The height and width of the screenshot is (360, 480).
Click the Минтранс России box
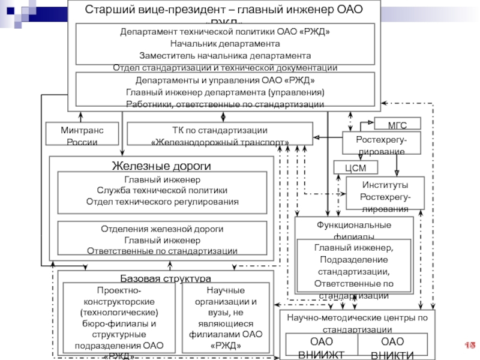pyautogui.click(x=82, y=136)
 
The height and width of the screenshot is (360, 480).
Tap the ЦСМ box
pyautogui.click(x=355, y=167)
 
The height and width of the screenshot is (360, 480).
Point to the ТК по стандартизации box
pyautogui.click(x=220, y=136)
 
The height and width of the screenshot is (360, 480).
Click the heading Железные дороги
pyautogui.click(x=161, y=166)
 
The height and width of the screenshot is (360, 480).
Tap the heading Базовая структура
pyautogui.click(x=166, y=279)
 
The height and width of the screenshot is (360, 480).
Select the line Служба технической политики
pyautogui.click(x=162, y=191)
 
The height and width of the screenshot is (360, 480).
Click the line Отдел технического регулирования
pyautogui.click(x=162, y=202)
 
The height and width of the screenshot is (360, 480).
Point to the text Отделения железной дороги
pyautogui.click(x=162, y=229)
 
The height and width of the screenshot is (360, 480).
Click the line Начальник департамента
pyautogui.click(x=225, y=44)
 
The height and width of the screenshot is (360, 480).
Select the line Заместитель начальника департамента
pyautogui.click(x=225, y=56)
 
